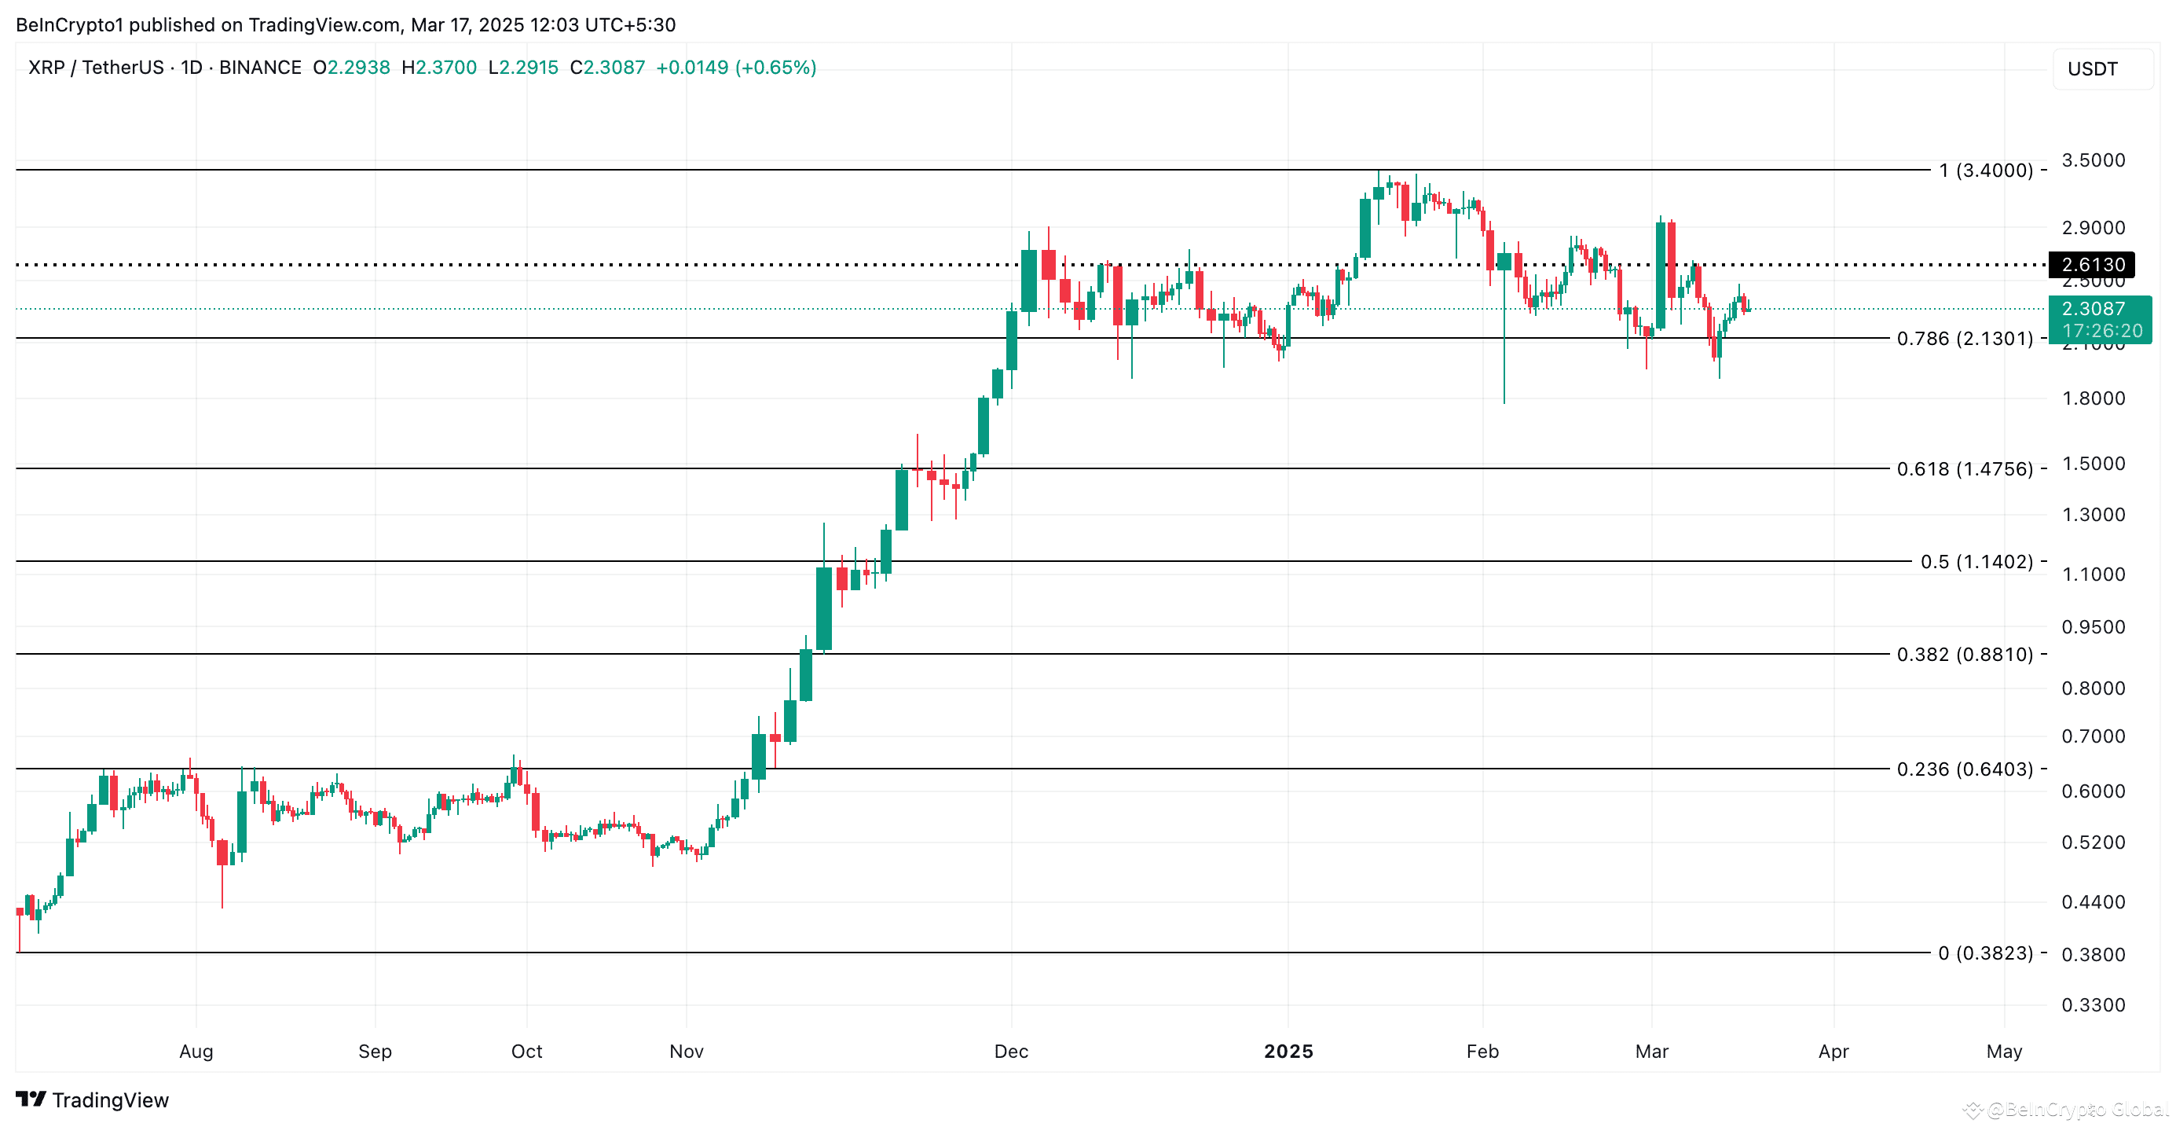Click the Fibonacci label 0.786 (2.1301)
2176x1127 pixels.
[1964, 339]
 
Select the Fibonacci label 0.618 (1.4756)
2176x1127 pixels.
[1964, 469]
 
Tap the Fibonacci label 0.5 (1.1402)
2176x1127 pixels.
[1976, 562]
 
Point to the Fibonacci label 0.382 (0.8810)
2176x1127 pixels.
[1964, 655]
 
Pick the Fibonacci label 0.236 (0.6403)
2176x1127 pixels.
[1964, 769]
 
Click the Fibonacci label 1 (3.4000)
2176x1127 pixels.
[1985, 171]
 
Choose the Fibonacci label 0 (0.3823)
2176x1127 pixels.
[1985, 953]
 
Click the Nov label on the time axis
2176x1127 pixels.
[686, 1052]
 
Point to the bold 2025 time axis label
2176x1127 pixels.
[1288, 1052]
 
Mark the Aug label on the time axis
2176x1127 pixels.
[196, 1052]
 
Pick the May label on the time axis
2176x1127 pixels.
[2004, 1052]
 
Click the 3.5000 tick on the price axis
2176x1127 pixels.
[2093, 160]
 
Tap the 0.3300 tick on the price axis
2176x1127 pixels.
[2093, 1005]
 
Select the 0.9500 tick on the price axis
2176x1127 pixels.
[2093, 627]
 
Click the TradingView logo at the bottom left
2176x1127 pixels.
[93, 1100]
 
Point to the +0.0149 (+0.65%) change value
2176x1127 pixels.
[736, 68]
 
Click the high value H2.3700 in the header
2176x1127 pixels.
[439, 68]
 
